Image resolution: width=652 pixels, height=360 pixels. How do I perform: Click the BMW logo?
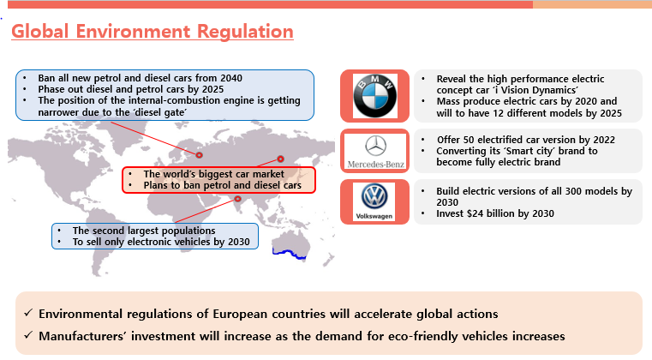(x=374, y=96)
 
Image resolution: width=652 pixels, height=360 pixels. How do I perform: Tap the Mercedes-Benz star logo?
(x=375, y=146)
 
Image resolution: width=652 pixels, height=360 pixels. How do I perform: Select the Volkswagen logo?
(x=374, y=196)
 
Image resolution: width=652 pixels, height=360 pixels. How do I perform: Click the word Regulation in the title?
(x=245, y=32)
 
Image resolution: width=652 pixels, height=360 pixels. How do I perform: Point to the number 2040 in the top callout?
(x=231, y=78)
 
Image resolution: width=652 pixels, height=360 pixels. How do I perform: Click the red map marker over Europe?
(x=199, y=155)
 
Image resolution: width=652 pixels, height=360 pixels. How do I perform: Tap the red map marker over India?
(x=237, y=199)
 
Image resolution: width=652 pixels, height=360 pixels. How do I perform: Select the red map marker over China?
(x=281, y=159)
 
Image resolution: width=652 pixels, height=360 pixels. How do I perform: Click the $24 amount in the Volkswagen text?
(x=474, y=213)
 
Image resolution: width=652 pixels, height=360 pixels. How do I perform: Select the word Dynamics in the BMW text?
(x=555, y=90)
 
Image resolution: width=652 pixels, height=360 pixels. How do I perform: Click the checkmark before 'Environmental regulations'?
(x=28, y=313)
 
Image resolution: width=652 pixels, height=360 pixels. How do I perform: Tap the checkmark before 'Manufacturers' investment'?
(x=28, y=334)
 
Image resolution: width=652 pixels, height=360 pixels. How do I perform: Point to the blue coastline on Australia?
(x=290, y=253)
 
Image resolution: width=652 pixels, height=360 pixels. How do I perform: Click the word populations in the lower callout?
(x=187, y=231)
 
